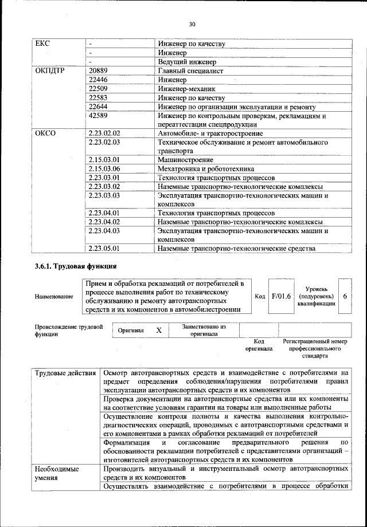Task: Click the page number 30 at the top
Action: (192, 23)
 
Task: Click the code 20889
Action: (99, 71)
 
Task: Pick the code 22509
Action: (99, 89)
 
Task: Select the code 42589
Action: (99, 116)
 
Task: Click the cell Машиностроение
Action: (185, 160)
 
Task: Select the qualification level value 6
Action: (345, 296)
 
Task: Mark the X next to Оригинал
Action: (159, 331)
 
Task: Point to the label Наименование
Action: (54, 297)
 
